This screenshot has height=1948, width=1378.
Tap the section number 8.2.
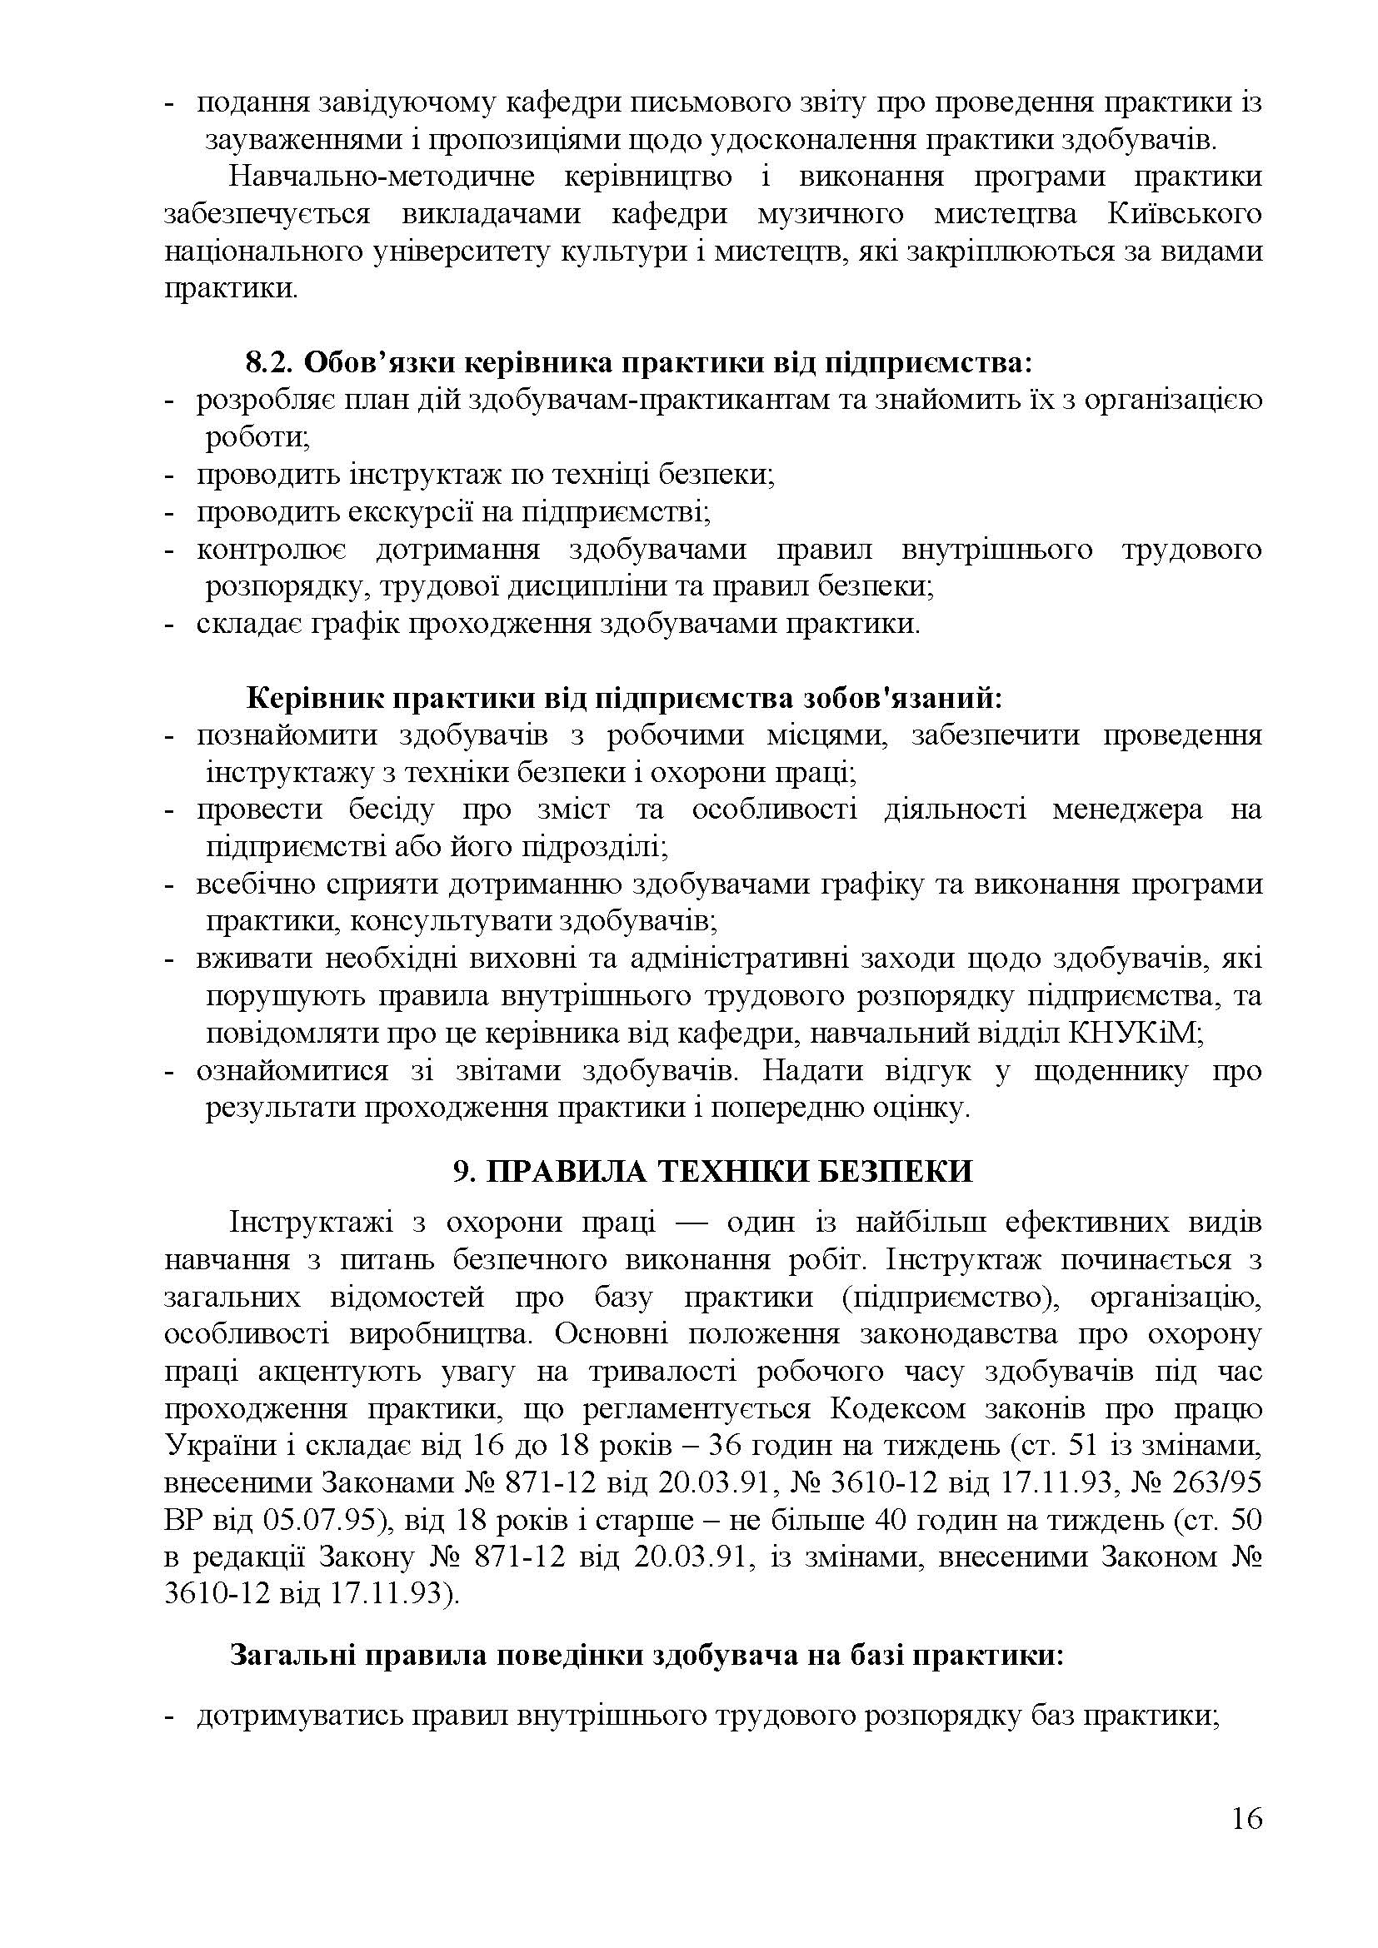coord(269,362)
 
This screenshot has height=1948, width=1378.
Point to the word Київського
coord(1185,214)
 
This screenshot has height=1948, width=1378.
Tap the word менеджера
coord(1127,810)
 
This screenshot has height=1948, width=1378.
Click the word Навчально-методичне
coord(382,177)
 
